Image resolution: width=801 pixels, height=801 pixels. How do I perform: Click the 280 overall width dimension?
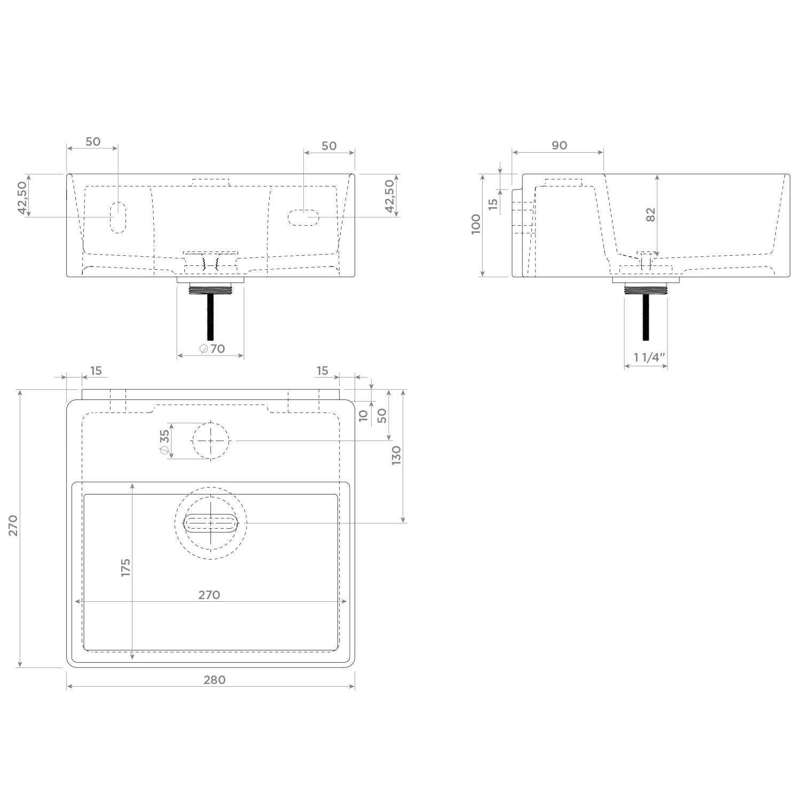pyautogui.click(x=214, y=680)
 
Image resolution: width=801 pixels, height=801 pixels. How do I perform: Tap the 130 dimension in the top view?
pyautogui.click(x=396, y=455)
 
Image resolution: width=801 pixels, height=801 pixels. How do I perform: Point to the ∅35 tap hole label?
pyautogui.click(x=164, y=443)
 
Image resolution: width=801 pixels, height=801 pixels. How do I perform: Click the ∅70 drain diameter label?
pyautogui.click(x=212, y=349)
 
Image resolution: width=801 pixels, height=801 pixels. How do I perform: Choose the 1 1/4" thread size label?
pyautogui.click(x=649, y=357)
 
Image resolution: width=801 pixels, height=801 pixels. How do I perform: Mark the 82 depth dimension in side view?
pyautogui.click(x=650, y=214)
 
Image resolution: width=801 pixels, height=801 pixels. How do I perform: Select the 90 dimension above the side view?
pyautogui.click(x=559, y=145)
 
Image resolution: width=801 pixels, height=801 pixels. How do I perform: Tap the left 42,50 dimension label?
pyautogui.click(x=22, y=198)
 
